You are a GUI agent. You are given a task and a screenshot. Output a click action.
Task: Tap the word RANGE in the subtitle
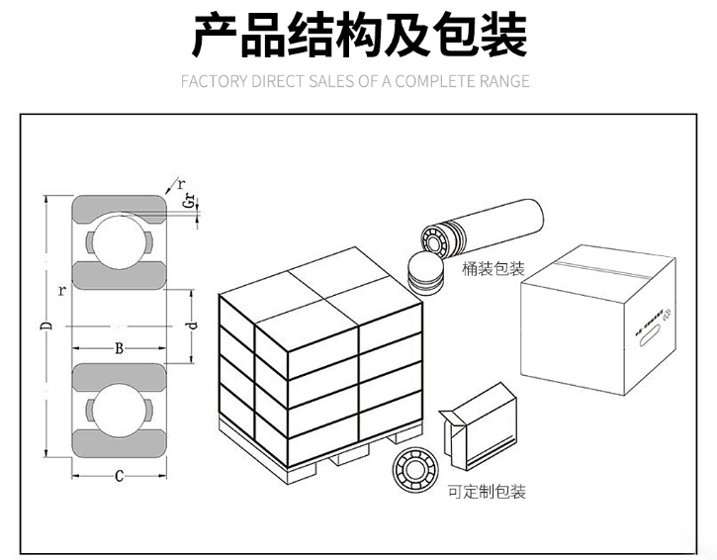click(502, 81)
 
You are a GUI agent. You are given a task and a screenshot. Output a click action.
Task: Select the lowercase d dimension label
click(193, 325)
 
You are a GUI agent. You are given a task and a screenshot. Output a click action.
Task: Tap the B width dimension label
click(119, 348)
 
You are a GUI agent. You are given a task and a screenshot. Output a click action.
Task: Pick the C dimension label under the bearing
click(119, 477)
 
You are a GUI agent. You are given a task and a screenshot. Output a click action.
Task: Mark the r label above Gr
click(180, 184)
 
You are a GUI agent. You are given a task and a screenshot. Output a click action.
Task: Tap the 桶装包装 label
click(493, 269)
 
